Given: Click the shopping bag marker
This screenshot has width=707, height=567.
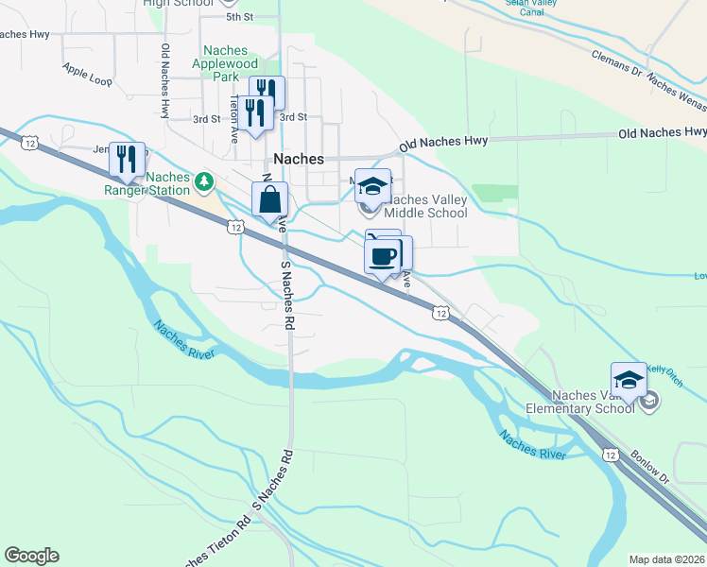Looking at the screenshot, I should tap(270, 199).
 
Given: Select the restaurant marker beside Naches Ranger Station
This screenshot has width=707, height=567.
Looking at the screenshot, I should tap(128, 158).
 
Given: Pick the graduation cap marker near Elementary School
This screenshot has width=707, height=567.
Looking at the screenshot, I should tap(629, 381).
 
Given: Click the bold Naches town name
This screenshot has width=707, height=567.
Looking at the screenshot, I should tap(299, 159).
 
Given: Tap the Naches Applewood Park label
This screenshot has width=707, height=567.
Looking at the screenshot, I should tap(220, 63).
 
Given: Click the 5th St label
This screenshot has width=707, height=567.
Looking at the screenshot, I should tap(240, 17).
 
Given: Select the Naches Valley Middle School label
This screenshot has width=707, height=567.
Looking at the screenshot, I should tap(424, 206).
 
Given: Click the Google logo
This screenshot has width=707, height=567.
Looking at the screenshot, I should tap(31, 556).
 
